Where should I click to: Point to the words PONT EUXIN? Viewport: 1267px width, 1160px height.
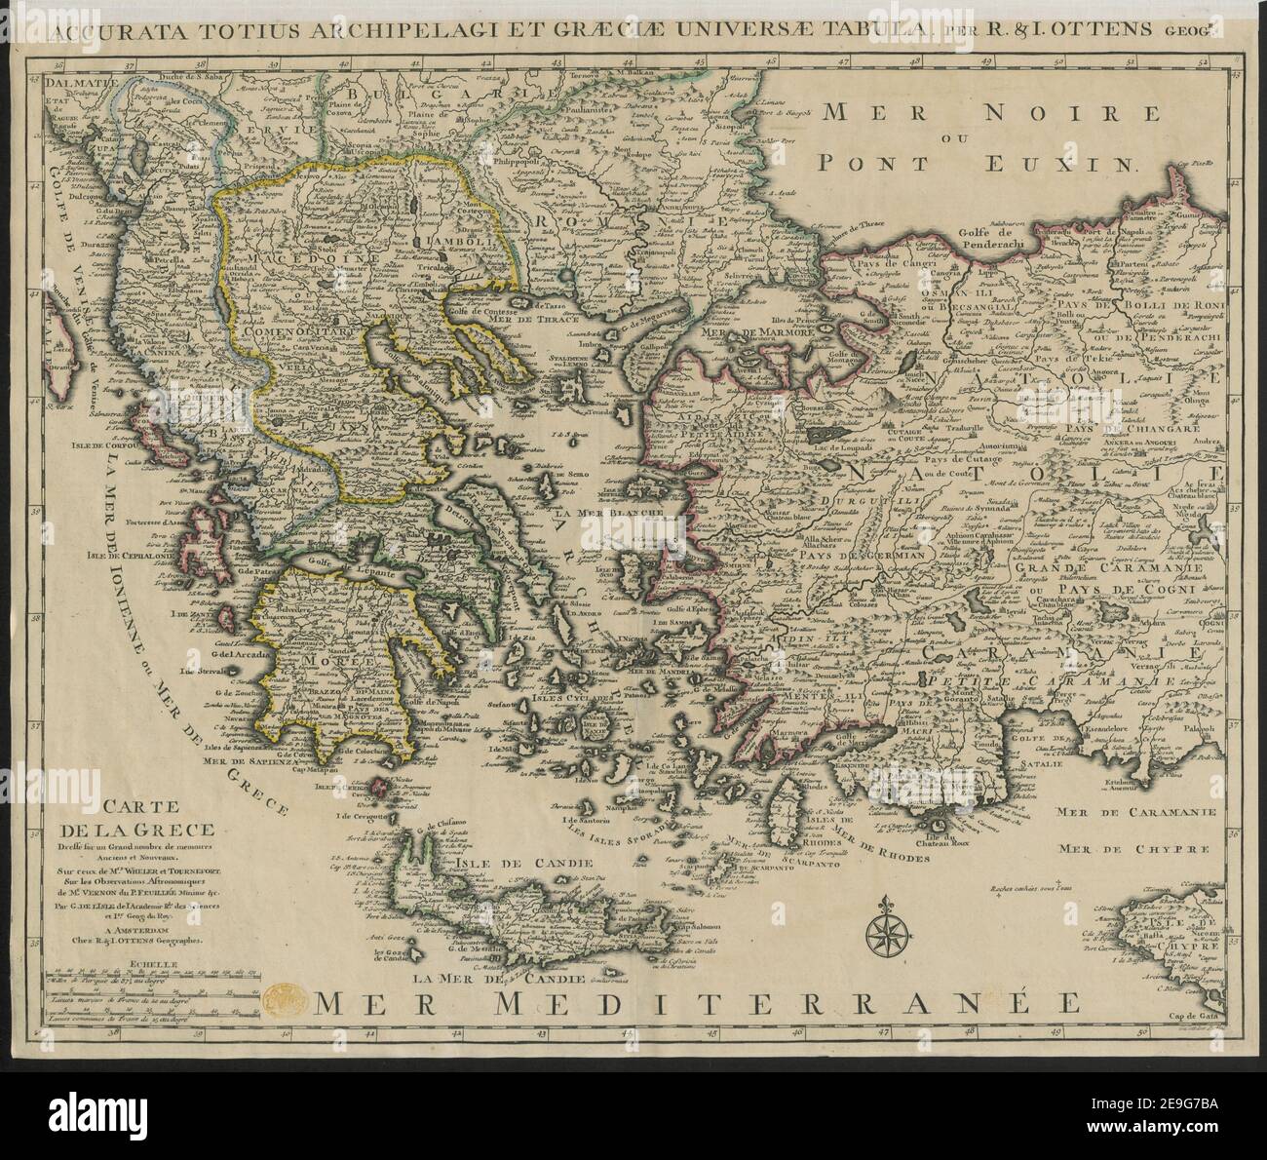point(978,162)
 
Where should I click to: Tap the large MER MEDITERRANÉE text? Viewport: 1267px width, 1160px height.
point(697,1002)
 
